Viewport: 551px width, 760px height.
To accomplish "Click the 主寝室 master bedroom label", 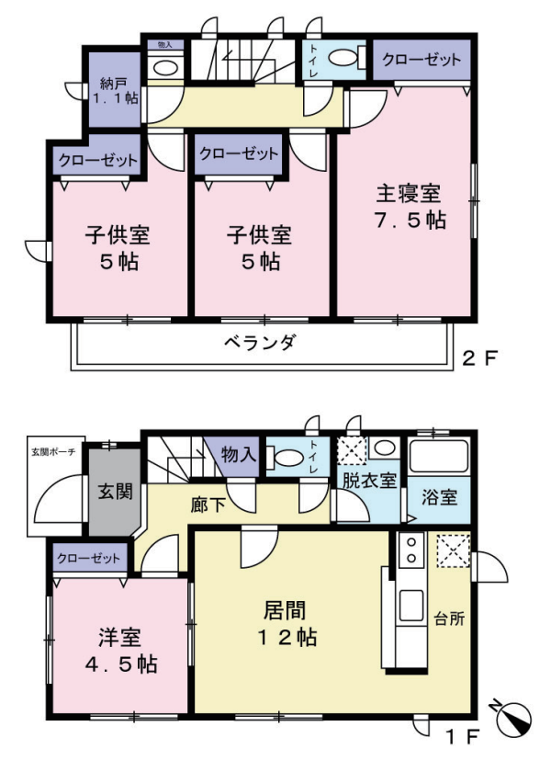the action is [410, 194].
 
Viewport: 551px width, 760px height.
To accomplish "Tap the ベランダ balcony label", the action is [260, 343].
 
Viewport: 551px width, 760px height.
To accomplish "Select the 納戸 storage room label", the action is [114, 84].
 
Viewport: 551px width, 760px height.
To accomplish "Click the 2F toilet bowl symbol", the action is [345, 58].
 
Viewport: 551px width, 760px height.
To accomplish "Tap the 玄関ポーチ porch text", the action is [53, 452].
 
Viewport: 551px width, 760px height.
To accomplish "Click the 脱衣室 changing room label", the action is [369, 481].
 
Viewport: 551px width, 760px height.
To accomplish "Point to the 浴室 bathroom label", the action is [439, 498].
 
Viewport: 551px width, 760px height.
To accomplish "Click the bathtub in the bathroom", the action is [439, 456].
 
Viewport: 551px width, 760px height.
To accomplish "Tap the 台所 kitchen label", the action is [449, 619].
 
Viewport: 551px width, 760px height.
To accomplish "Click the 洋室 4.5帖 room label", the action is [120, 651].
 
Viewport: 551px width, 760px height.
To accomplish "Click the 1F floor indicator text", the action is [462, 738].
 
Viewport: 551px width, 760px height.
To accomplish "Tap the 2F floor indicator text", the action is [479, 358].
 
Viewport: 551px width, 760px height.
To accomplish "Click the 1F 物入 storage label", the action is [238, 455].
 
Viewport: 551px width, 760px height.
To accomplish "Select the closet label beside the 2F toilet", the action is [422, 60].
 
